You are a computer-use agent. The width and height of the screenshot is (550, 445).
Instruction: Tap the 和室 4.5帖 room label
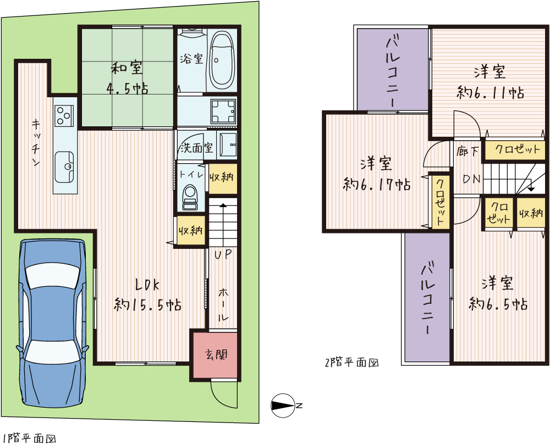tap(127, 78)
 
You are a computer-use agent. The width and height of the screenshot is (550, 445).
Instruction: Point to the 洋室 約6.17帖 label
tap(376, 174)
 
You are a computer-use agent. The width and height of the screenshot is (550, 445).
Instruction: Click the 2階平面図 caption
tap(352, 363)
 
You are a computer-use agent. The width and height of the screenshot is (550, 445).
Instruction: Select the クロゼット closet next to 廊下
tap(516, 149)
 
